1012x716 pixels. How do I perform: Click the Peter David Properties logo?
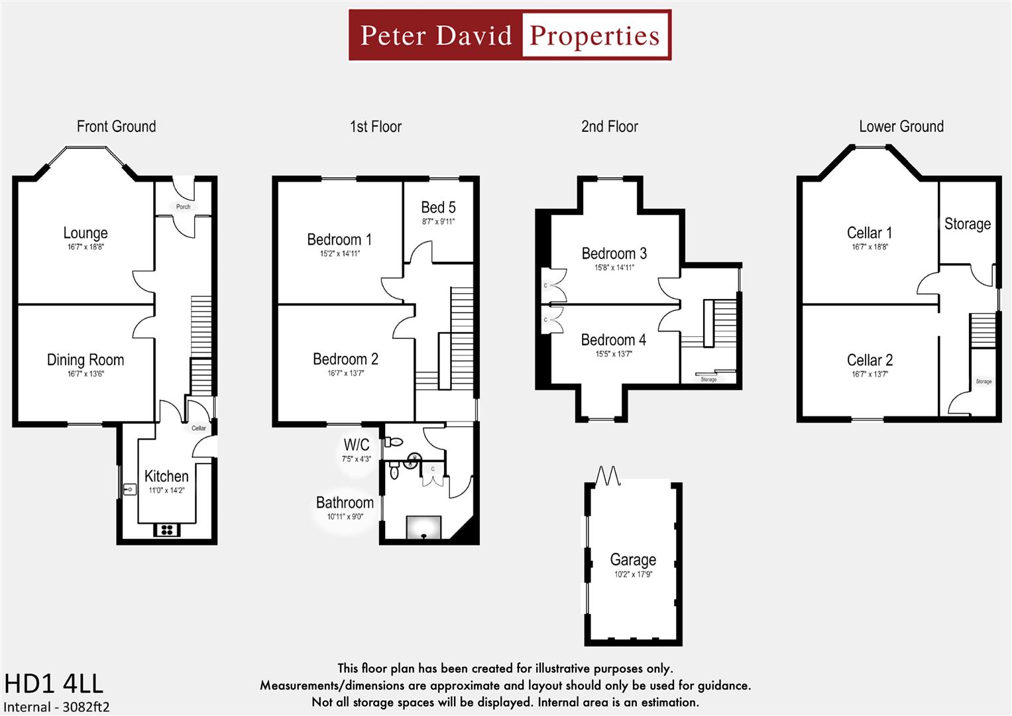click(510, 35)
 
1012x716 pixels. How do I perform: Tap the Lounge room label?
click(85, 233)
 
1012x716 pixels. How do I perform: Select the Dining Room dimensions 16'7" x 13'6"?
click(85, 374)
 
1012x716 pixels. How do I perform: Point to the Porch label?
click(183, 207)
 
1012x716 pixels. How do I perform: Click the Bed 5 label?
click(438, 208)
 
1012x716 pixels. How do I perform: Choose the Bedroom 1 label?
click(339, 239)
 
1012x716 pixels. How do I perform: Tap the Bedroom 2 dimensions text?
click(345, 373)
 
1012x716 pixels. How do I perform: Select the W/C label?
click(356, 444)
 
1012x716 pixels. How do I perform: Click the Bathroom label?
click(345, 503)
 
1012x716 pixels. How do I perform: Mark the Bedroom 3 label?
click(614, 253)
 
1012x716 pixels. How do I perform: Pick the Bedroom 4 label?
click(613, 339)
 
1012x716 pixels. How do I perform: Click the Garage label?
click(633, 560)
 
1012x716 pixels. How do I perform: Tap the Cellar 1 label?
click(870, 233)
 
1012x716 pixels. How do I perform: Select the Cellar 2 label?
click(870, 360)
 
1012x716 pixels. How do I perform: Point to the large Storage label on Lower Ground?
click(967, 224)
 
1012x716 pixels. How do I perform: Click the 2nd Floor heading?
click(609, 127)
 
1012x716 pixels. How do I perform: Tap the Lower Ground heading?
click(901, 127)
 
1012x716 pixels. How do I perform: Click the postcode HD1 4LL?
click(54, 684)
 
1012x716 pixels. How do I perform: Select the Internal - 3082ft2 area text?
click(57, 707)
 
